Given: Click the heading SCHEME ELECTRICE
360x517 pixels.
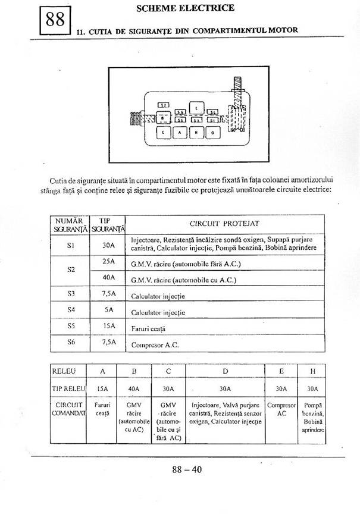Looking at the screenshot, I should (x=185, y=8).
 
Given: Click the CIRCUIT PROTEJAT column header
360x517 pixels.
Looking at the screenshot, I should (x=224, y=224).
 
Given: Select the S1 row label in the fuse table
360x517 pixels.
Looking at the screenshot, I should (x=71, y=244).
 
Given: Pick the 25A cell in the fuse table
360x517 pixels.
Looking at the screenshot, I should (x=108, y=261).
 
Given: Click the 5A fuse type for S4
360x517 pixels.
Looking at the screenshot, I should (x=108, y=309).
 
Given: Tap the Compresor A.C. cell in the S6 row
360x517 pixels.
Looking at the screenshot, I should (x=155, y=344).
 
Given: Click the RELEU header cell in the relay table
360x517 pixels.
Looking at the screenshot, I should (x=64, y=371).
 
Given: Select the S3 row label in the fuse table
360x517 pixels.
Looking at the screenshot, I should (x=71, y=293).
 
